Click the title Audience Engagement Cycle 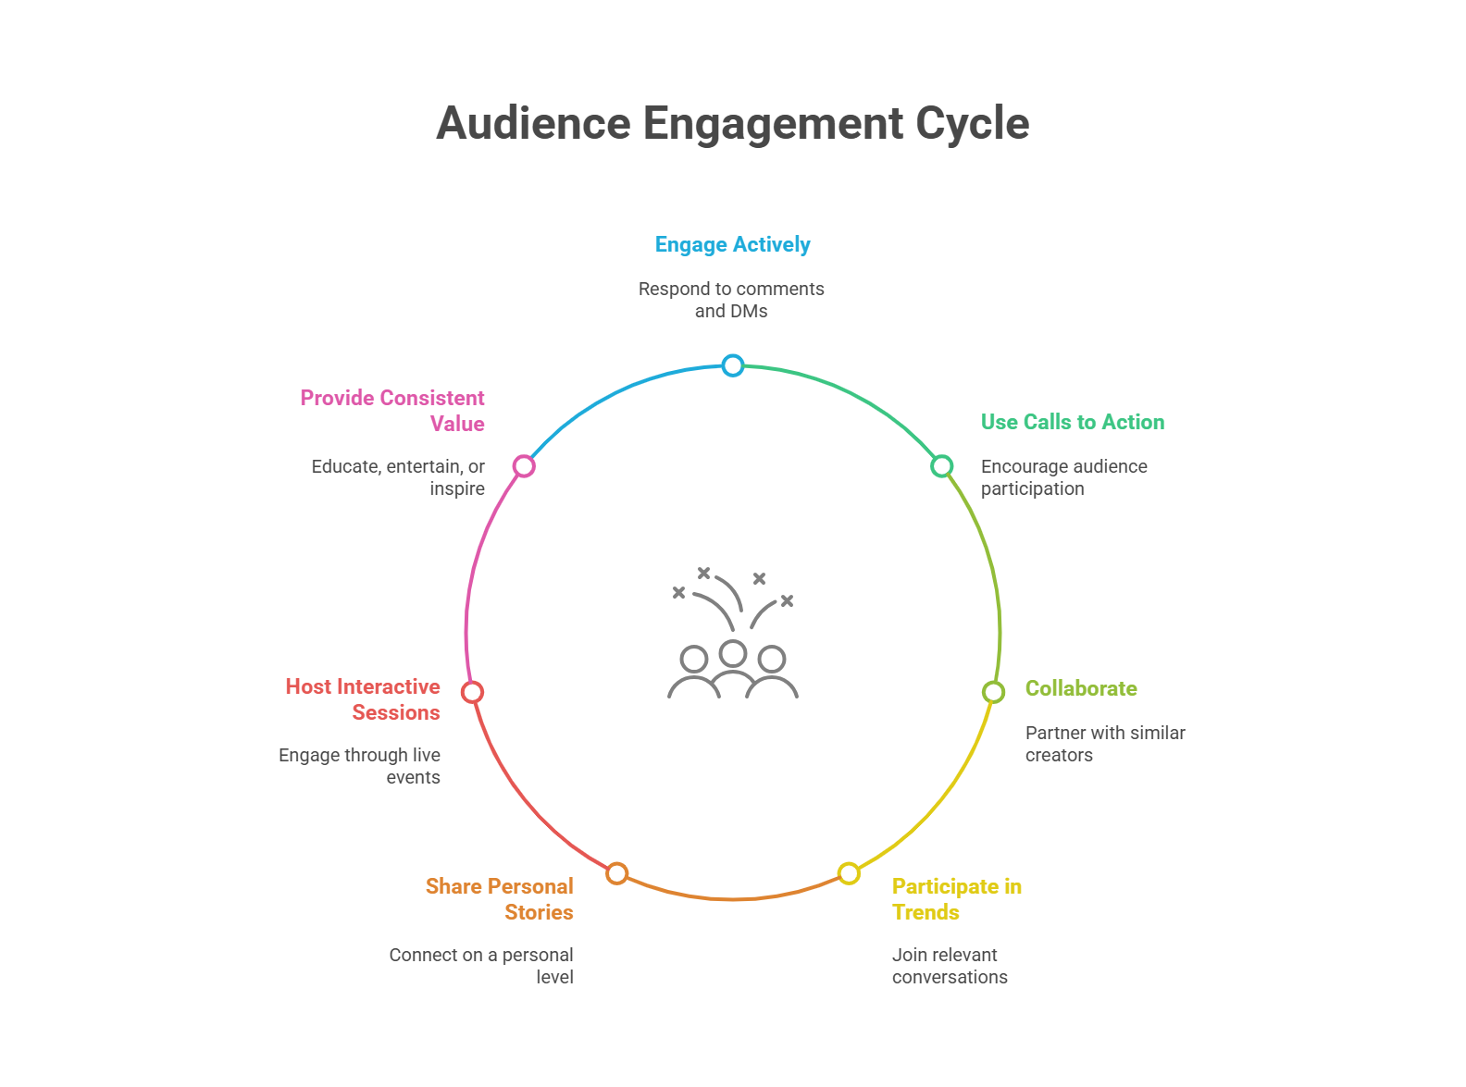[x=732, y=123]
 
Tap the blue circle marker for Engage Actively [x=733, y=365]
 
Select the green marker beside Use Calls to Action [x=941, y=465]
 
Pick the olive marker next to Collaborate [x=993, y=692]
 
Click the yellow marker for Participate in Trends [x=849, y=873]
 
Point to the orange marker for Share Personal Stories [x=617, y=873]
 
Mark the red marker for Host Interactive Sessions [x=472, y=692]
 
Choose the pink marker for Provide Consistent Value [x=524, y=465]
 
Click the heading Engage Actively [x=732, y=245]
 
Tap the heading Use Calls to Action [x=1073, y=422]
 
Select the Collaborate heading [x=1081, y=688]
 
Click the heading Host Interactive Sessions [x=364, y=699]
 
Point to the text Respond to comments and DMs [x=731, y=300]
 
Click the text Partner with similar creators [x=1105, y=744]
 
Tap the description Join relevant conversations [x=950, y=966]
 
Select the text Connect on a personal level [x=481, y=966]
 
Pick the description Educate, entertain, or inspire [x=399, y=477]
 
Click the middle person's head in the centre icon [x=733, y=653]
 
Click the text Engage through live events [x=360, y=766]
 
